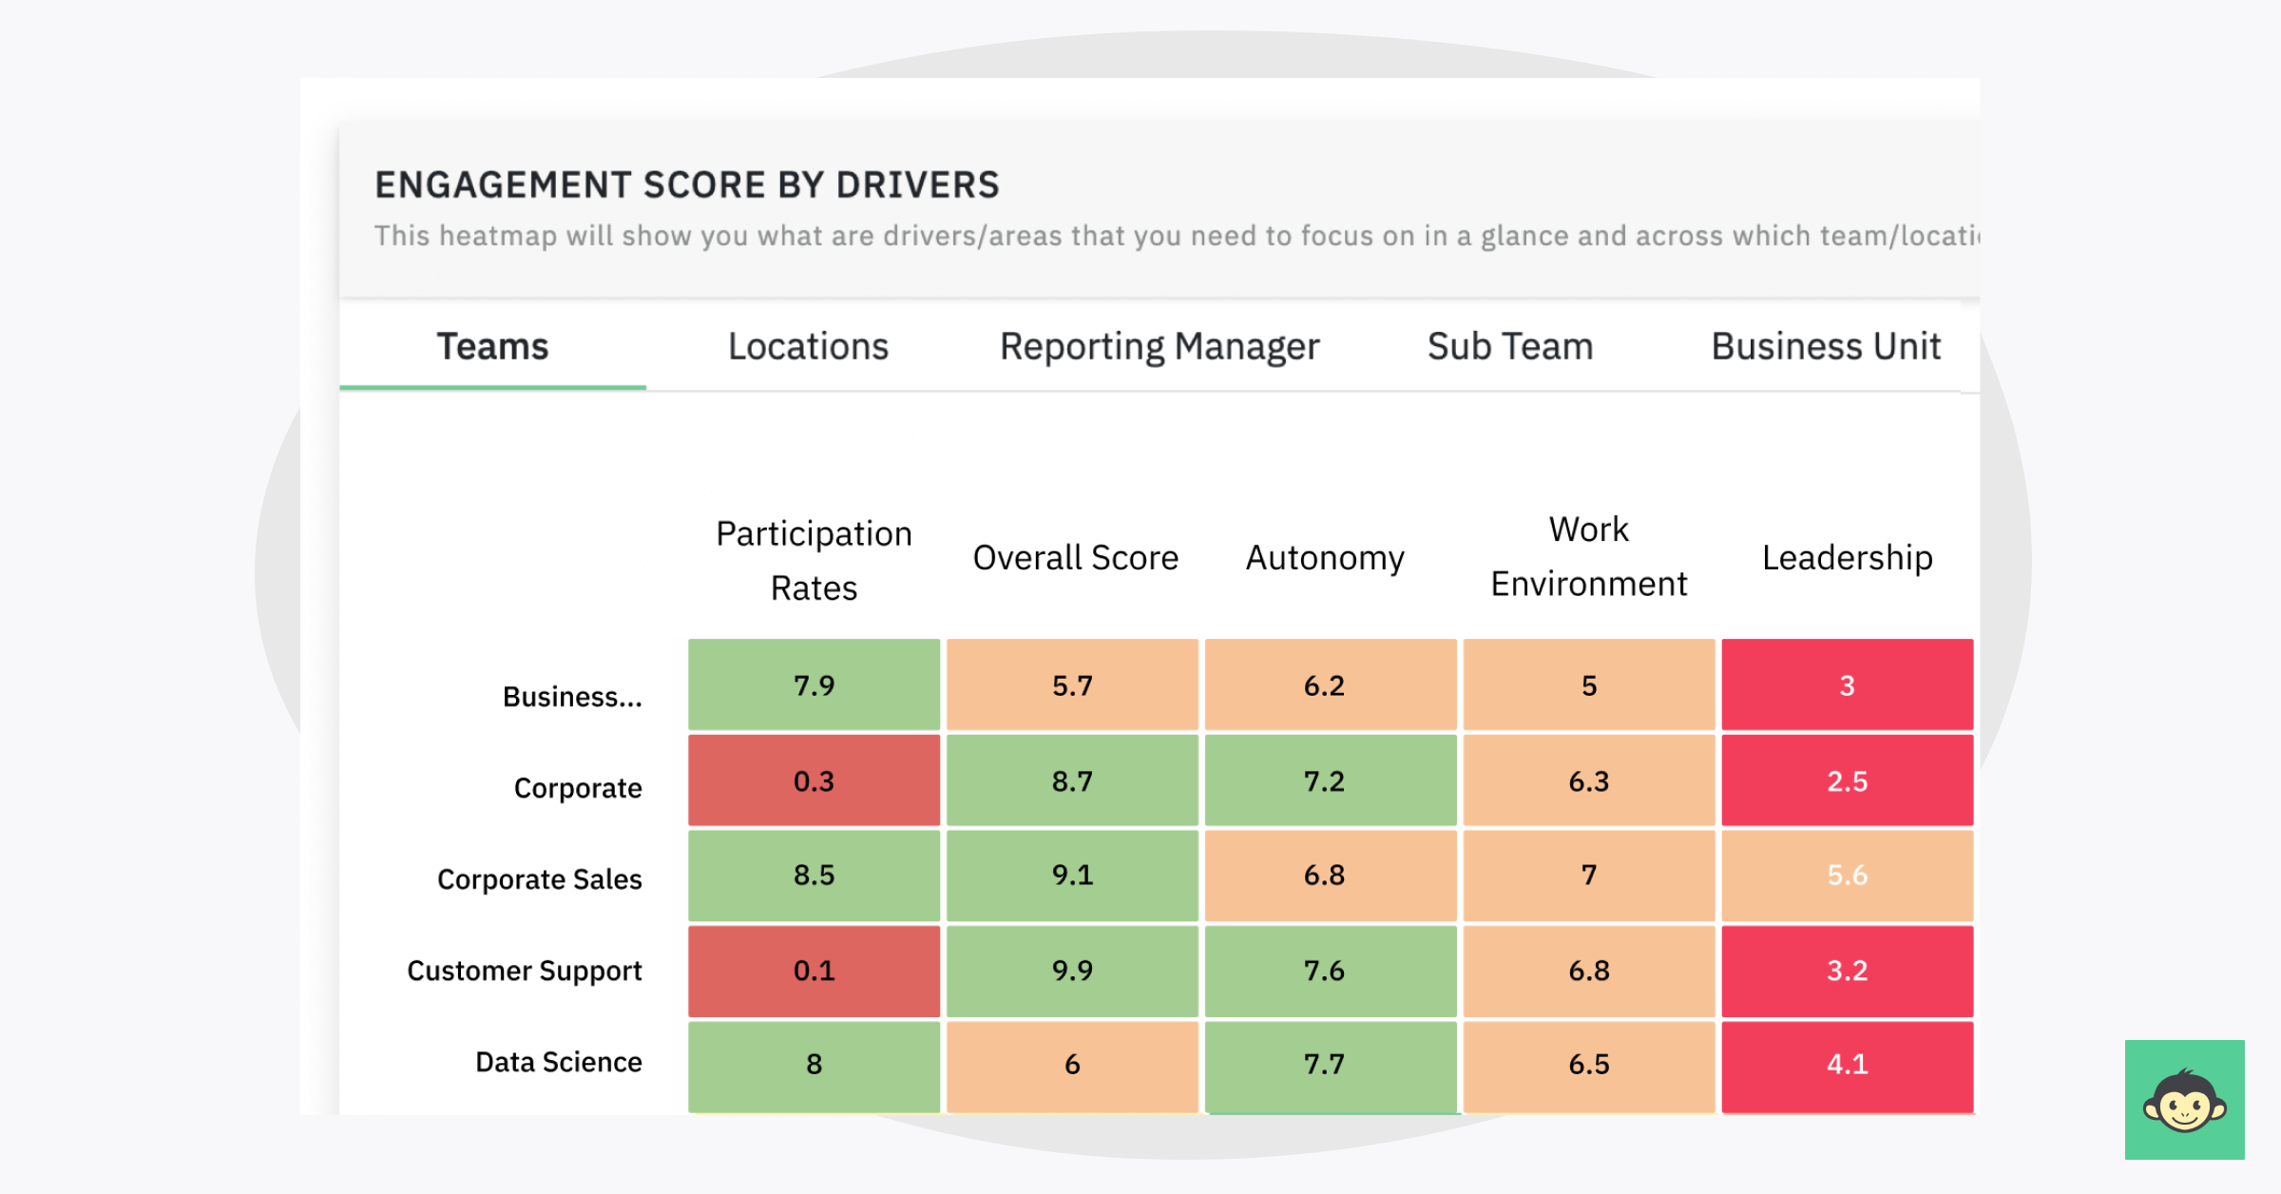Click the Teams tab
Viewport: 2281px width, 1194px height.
492,347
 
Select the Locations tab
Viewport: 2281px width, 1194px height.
808,347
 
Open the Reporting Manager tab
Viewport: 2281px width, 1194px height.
1160,347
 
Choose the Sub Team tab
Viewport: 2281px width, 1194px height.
1509,347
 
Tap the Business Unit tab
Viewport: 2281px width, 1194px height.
1825,347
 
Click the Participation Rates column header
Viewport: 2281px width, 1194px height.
814,561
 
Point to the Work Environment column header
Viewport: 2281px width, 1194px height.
1588,557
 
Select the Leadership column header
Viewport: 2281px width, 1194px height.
1847,558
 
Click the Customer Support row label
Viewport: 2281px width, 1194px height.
525,971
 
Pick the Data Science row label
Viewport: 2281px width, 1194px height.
559,1062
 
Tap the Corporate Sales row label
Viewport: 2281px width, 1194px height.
540,879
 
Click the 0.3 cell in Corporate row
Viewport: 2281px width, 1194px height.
814,780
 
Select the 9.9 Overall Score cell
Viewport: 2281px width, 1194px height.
1072,971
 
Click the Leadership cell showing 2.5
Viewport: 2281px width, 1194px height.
1847,780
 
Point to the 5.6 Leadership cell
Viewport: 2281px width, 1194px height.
1847,875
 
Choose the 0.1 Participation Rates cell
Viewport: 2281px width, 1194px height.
814,971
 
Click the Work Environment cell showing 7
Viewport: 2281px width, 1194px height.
1588,875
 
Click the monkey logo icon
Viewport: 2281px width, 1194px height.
2184,1100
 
